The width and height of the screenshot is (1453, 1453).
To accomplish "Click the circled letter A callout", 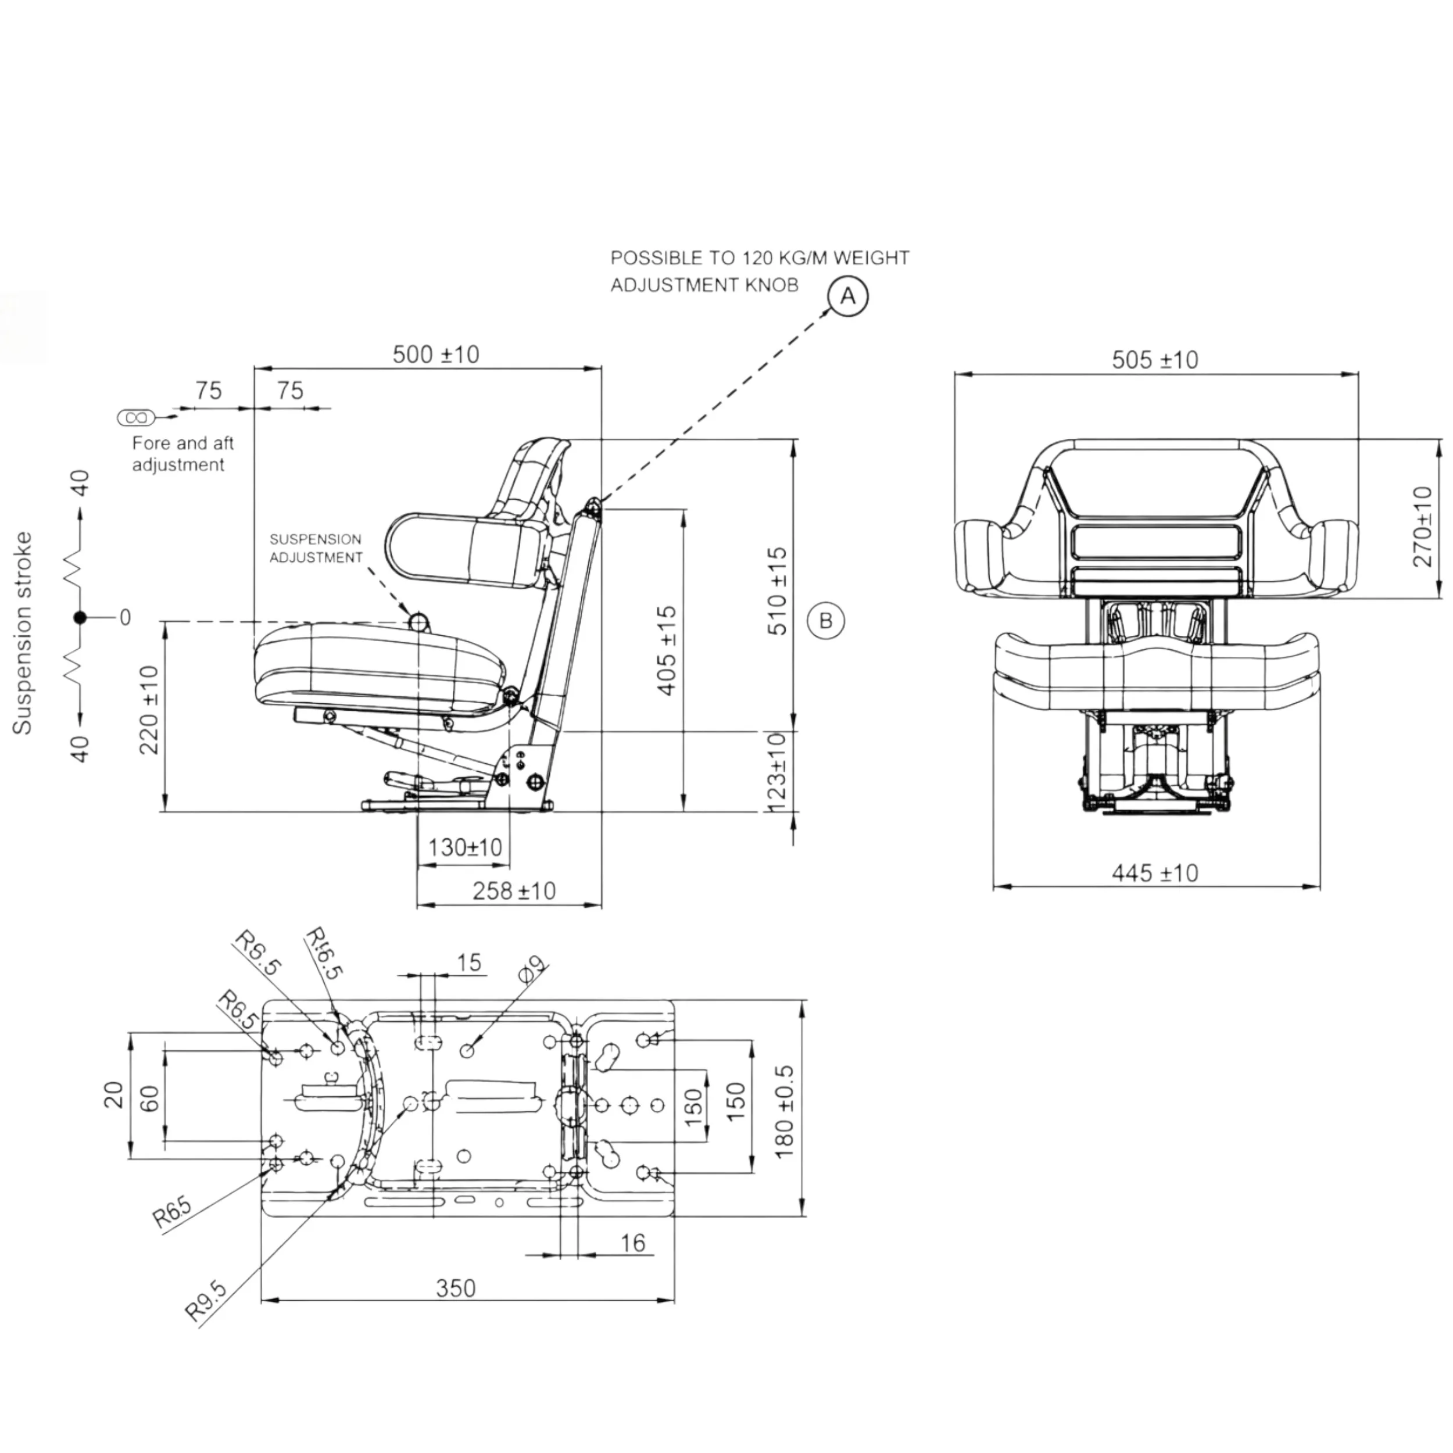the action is click(x=847, y=296).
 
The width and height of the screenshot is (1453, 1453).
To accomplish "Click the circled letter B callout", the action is click(x=825, y=621).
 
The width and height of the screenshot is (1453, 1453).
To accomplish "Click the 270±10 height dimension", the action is click(x=1422, y=527).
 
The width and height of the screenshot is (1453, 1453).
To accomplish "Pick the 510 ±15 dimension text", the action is click(x=777, y=591).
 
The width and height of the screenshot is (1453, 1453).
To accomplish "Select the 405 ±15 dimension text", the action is click(x=666, y=652).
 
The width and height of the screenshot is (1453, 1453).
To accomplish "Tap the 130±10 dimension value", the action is click(x=465, y=847).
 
